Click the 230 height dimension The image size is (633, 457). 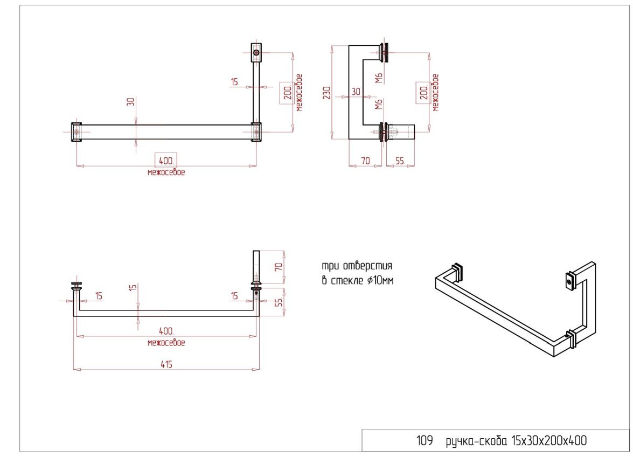click(327, 93)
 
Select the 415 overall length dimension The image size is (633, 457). click(166, 364)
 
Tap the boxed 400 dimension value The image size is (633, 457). click(166, 160)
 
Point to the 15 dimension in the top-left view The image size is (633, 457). click(234, 82)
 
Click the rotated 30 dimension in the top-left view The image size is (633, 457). click(131, 102)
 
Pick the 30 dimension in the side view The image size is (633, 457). click(356, 92)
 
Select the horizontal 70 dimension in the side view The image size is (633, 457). click(365, 161)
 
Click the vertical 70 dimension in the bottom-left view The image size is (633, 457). click(279, 267)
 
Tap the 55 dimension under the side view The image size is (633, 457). click(400, 161)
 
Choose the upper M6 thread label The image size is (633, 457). click(378, 78)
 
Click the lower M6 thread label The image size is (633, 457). click(378, 104)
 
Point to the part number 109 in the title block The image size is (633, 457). click(425, 440)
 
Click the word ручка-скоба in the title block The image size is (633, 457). click(476, 441)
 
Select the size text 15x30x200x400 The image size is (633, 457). click(549, 440)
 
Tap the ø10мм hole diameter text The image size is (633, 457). click(380, 280)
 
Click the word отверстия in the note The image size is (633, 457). click(367, 266)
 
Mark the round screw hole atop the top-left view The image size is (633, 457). click(256, 53)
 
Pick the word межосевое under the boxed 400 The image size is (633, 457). click(166, 172)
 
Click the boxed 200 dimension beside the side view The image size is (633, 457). click(423, 93)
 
